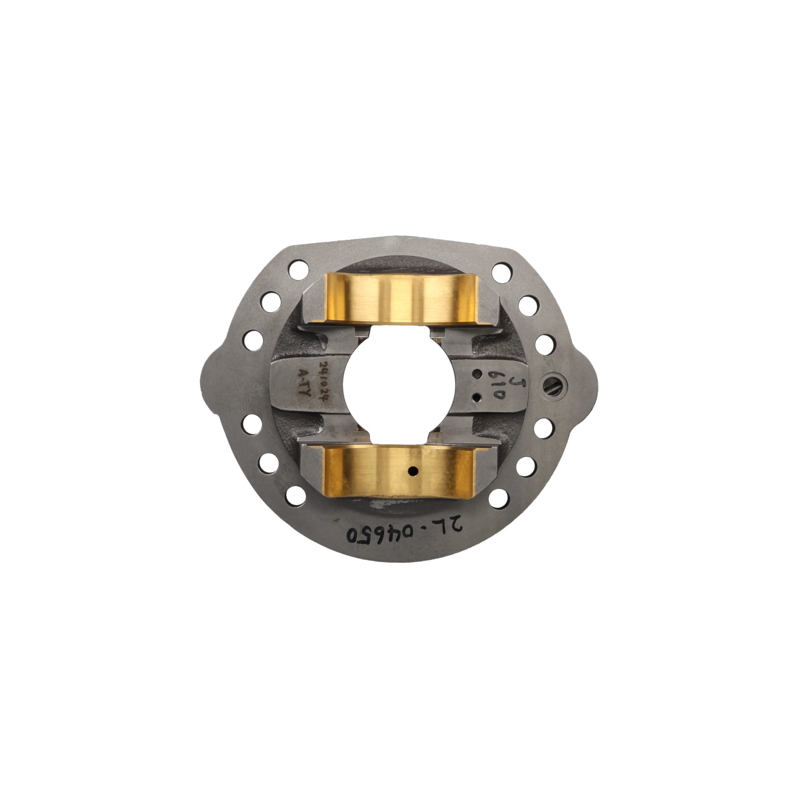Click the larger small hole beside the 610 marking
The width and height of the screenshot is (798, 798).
point(478,374)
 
